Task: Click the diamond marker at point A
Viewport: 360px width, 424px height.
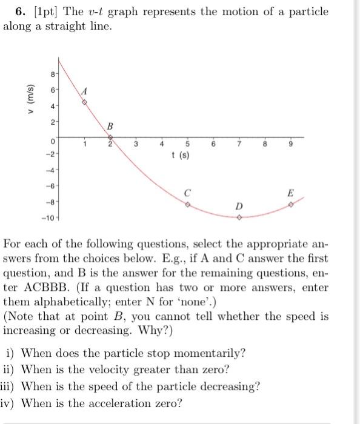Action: (x=84, y=101)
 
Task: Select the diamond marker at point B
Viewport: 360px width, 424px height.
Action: (x=110, y=137)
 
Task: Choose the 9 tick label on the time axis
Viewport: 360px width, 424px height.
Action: (x=291, y=144)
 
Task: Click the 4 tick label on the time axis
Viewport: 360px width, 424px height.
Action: (x=162, y=144)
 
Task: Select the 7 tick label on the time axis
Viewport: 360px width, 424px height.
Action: (x=239, y=144)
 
